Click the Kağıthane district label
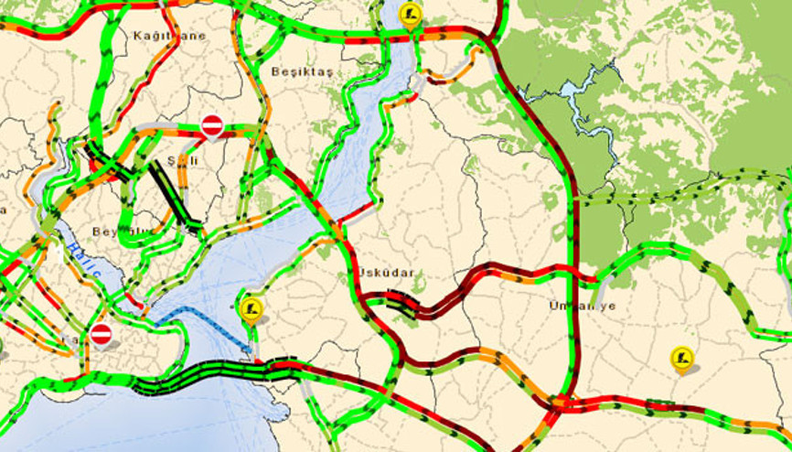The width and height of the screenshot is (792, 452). click(x=169, y=36)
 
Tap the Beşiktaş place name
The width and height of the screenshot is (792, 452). click(x=303, y=71)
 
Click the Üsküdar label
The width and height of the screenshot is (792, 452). click(x=386, y=273)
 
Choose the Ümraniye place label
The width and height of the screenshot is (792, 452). click(x=583, y=306)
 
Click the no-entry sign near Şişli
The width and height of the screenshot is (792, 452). click(x=212, y=125)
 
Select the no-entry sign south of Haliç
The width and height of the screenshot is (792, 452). click(x=102, y=334)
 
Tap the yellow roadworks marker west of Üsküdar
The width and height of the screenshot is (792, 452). click(x=253, y=307)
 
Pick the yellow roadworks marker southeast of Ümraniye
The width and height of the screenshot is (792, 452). click(x=681, y=358)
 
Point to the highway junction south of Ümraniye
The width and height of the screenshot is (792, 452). click(x=560, y=402)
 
